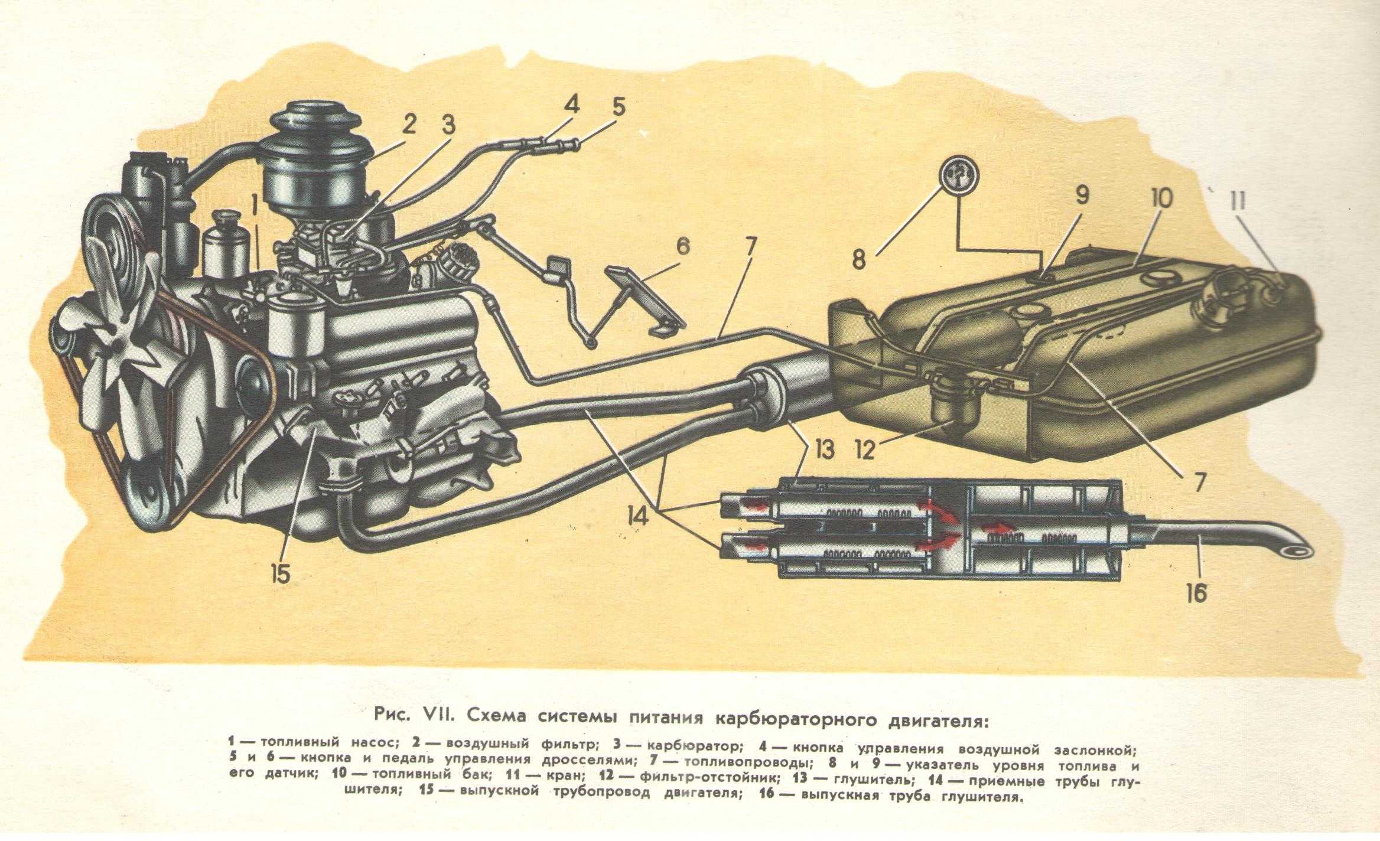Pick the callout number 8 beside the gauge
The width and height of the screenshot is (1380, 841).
[860, 259]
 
